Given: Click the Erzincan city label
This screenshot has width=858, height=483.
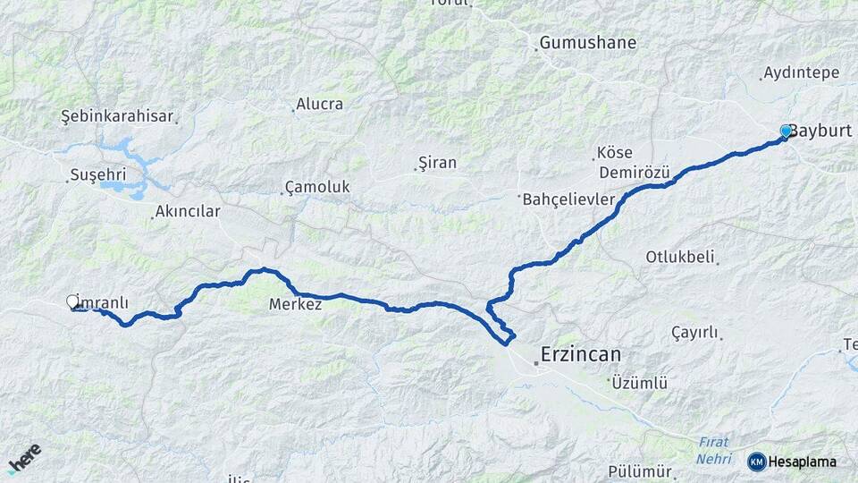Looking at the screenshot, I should click(581, 355).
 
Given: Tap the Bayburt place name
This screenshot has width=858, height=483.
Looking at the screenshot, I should click(820, 131).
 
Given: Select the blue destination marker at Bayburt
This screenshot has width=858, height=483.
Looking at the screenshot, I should click(786, 131).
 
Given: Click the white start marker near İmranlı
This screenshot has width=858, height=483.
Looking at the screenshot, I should click(72, 302).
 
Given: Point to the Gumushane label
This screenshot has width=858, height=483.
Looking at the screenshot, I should click(587, 43).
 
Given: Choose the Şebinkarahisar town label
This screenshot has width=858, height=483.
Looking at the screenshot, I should click(116, 116).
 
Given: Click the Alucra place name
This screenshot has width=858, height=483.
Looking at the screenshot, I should click(319, 105).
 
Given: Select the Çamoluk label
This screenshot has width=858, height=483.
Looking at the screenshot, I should click(317, 187).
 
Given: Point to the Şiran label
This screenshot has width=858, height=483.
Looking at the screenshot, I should click(437, 163).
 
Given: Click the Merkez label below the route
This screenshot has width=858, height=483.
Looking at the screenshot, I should click(295, 305).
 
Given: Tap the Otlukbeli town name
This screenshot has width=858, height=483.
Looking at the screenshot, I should click(680, 258).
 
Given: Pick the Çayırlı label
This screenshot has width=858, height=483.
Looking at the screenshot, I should click(694, 333).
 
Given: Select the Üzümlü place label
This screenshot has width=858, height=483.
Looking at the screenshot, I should click(640, 383).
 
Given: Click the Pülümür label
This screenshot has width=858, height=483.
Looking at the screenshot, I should click(639, 471).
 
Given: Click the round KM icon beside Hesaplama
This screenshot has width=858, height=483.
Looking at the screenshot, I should click(757, 462).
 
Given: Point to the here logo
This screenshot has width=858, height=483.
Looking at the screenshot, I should click(24, 458).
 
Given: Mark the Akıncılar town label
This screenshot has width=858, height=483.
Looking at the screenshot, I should click(187, 212).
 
